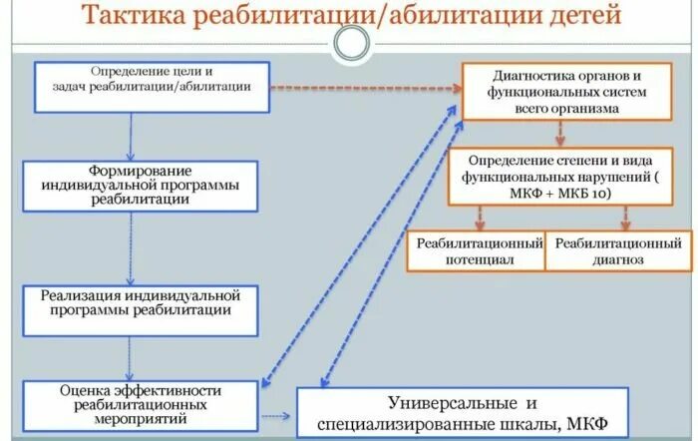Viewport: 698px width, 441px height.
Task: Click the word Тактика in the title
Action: coord(133,17)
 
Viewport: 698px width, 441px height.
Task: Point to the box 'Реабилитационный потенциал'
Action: coord(478,251)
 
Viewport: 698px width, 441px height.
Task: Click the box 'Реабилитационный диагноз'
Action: coord(617,251)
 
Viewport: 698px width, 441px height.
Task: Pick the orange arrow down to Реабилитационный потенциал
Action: coord(479,217)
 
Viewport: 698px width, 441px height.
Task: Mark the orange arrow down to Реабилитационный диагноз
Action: coord(626,217)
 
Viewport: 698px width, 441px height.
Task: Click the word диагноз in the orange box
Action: coord(617,259)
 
